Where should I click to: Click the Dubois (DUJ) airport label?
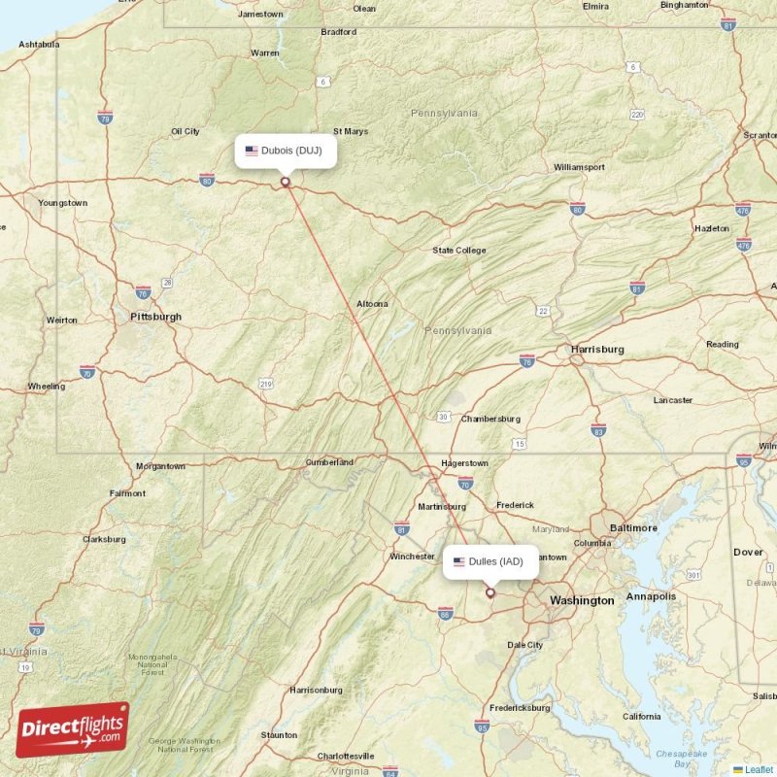pyautogui.click(x=286, y=151)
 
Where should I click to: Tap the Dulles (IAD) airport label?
pyautogui.click(x=490, y=561)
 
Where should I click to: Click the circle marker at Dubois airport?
pyautogui.click(x=286, y=181)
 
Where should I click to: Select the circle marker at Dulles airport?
pyautogui.click(x=490, y=592)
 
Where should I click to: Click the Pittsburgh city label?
pyautogui.click(x=155, y=317)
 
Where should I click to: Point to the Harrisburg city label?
pyautogui.click(x=597, y=349)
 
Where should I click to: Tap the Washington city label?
pyautogui.click(x=582, y=601)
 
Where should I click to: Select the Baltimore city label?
pyautogui.click(x=633, y=528)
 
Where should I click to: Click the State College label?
pyautogui.click(x=459, y=251)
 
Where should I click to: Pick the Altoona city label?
pyautogui.click(x=372, y=304)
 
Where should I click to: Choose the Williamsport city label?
pyautogui.click(x=579, y=167)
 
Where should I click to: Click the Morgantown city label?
pyautogui.click(x=160, y=466)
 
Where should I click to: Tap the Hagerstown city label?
pyautogui.click(x=464, y=463)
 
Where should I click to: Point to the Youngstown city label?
pyautogui.click(x=63, y=203)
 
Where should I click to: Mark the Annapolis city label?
pyautogui.click(x=650, y=596)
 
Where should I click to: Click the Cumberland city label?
pyautogui.click(x=329, y=462)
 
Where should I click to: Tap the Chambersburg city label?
pyautogui.click(x=490, y=419)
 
